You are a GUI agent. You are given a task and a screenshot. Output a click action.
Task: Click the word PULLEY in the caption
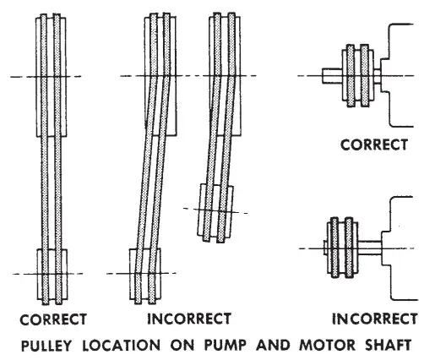coord(54,345)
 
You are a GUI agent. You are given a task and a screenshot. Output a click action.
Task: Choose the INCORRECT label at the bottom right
coord(374,320)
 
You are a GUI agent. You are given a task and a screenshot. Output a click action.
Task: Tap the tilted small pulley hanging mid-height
coord(215,210)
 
